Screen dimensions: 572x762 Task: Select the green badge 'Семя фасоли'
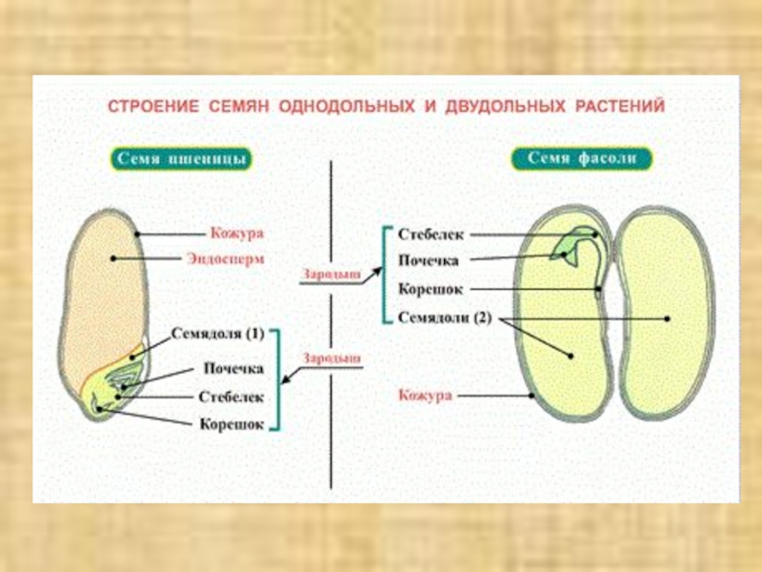click(581, 158)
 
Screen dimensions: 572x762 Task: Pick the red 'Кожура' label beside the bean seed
click(425, 395)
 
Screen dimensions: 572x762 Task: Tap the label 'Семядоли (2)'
click(445, 317)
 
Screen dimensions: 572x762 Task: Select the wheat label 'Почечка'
click(233, 368)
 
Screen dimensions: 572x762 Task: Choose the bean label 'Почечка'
click(430, 260)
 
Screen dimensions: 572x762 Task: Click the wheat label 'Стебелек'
click(231, 396)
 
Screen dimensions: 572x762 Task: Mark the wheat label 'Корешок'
click(231, 423)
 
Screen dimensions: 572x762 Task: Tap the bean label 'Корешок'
click(431, 289)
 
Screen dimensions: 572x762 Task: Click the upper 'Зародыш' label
click(332, 274)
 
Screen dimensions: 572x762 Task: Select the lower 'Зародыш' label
click(332, 358)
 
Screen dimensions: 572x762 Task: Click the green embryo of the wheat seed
click(119, 386)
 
